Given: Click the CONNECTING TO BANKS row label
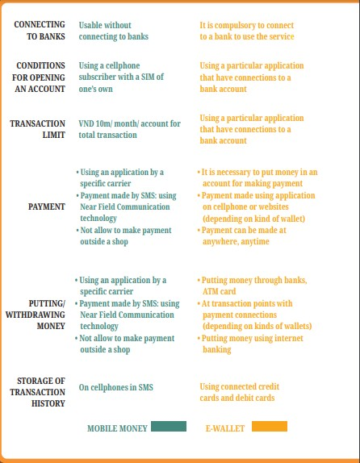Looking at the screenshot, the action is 40,31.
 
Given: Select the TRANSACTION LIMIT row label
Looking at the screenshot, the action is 38,129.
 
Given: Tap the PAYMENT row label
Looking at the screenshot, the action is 47,207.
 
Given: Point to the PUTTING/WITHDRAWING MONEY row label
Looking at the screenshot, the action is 36,315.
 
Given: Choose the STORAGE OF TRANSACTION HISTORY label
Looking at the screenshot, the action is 40,391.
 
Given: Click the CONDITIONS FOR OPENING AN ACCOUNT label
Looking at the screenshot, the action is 40,77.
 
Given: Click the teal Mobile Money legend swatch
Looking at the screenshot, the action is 168,426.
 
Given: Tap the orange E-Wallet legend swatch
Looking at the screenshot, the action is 270,426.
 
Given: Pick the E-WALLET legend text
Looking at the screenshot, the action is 225,428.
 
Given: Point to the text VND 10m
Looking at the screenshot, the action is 96,123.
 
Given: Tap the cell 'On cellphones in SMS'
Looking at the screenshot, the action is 115,387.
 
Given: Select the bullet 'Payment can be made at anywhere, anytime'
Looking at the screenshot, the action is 245,235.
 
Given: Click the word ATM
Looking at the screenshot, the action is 212,291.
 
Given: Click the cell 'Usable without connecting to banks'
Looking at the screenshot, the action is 114,31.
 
